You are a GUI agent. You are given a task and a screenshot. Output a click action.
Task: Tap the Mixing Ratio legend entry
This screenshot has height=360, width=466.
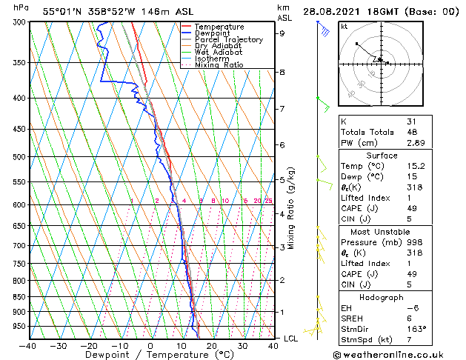pos(220,65)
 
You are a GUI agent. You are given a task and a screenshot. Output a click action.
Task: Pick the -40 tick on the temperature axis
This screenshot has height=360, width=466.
pos(28,346)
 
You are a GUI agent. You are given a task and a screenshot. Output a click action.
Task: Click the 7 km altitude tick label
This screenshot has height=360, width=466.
pos(282,109)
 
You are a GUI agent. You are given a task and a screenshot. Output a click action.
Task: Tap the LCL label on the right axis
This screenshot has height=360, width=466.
pos(292,338)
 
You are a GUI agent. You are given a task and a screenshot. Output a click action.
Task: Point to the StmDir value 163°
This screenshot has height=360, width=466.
pos(416,328)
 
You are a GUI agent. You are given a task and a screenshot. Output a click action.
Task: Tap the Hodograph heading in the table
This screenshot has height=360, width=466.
pos(382,297)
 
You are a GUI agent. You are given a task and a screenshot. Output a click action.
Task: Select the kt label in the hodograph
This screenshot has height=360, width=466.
pos(344,27)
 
